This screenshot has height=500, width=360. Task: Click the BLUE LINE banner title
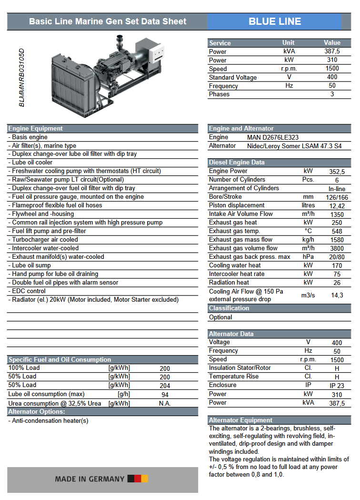275,21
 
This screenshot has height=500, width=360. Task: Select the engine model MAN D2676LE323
273,137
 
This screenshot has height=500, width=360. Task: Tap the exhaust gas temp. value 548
337,231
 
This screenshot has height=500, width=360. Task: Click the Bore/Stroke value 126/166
337,197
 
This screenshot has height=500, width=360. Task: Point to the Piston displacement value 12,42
337,205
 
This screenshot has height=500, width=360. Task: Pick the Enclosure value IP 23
337,385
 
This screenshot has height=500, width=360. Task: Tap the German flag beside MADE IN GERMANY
138,479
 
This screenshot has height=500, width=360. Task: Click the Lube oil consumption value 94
165,395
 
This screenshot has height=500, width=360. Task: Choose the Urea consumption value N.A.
165,403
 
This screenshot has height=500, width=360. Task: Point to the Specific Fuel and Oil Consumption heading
60,359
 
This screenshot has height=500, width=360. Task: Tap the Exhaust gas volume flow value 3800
337,248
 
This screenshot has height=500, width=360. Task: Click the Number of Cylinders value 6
337,180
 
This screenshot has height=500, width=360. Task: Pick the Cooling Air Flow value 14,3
337,295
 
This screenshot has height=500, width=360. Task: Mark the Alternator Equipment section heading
240,420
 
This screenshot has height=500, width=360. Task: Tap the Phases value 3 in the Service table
332,94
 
